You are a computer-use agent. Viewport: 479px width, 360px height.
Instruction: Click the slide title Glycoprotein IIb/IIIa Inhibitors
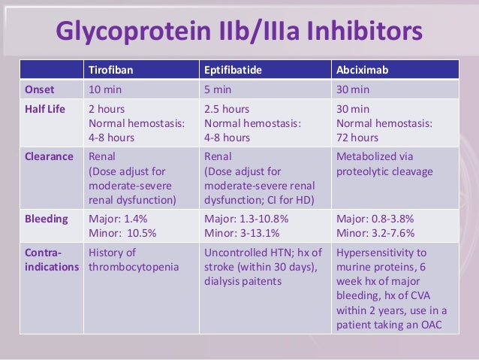pyautogui.click(x=239, y=31)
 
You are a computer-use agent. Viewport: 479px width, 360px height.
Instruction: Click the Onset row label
pyautogui.click(x=39, y=89)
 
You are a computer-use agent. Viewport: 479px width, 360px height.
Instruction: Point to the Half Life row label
pyautogui.click(x=44, y=109)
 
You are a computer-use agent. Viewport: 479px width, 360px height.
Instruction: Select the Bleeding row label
pyautogui.click(x=46, y=219)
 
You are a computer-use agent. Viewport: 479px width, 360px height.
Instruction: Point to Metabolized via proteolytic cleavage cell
pyautogui.click(x=384, y=164)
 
